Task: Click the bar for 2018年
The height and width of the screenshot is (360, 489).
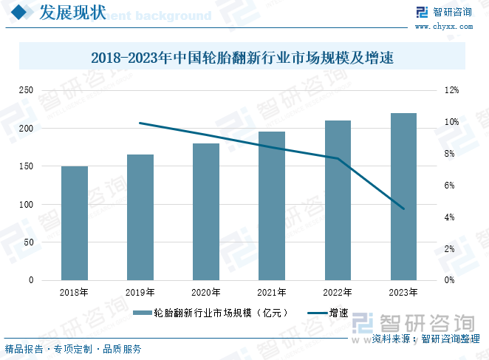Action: pyautogui.click(x=75, y=223)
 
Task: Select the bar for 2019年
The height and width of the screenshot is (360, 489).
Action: pyautogui.click(x=140, y=217)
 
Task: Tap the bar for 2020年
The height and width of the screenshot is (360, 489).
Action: pyautogui.click(x=206, y=212)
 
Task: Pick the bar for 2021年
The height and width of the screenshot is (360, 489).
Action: pyautogui.click(x=272, y=206)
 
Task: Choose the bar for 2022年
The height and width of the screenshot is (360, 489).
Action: pyautogui.click(x=338, y=200)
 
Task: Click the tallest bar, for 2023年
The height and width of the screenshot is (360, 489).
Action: pyautogui.click(x=403, y=197)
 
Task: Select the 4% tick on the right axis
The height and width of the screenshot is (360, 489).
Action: pyautogui.click(x=448, y=217)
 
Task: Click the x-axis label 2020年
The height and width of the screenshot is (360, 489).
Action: pyautogui.click(x=206, y=293)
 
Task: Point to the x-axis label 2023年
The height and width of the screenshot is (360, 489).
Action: pyautogui.click(x=403, y=293)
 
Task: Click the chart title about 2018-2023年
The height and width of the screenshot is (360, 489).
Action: pyautogui.click(x=243, y=57)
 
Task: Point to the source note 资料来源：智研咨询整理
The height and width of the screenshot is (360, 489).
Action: pyautogui.click(x=425, y=339)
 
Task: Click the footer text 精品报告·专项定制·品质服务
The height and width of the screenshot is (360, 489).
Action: pyautogui.click(x=73, y=349)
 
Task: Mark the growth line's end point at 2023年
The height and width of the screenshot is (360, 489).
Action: pyautogui.click(x=403, y=209)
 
